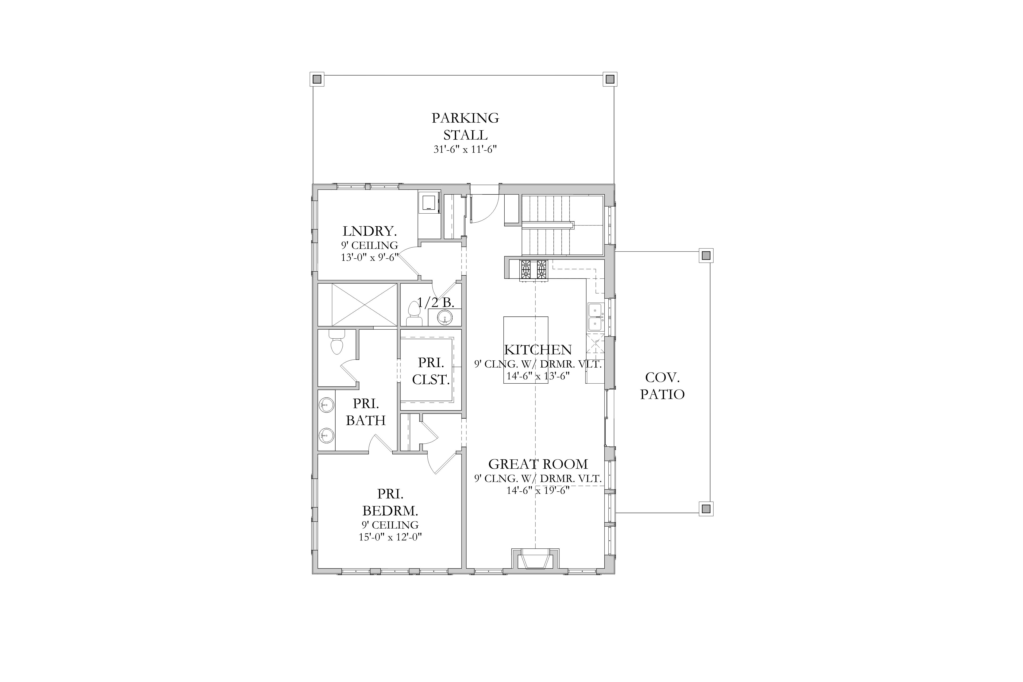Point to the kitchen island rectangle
(x=526, y=350)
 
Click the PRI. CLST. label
(x=431, y=371)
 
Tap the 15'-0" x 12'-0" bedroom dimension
(x=390, y=537)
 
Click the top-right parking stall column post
(x=610, y=79)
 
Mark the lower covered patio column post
(x=706, y=508)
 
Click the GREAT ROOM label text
(x=538, y=464)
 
